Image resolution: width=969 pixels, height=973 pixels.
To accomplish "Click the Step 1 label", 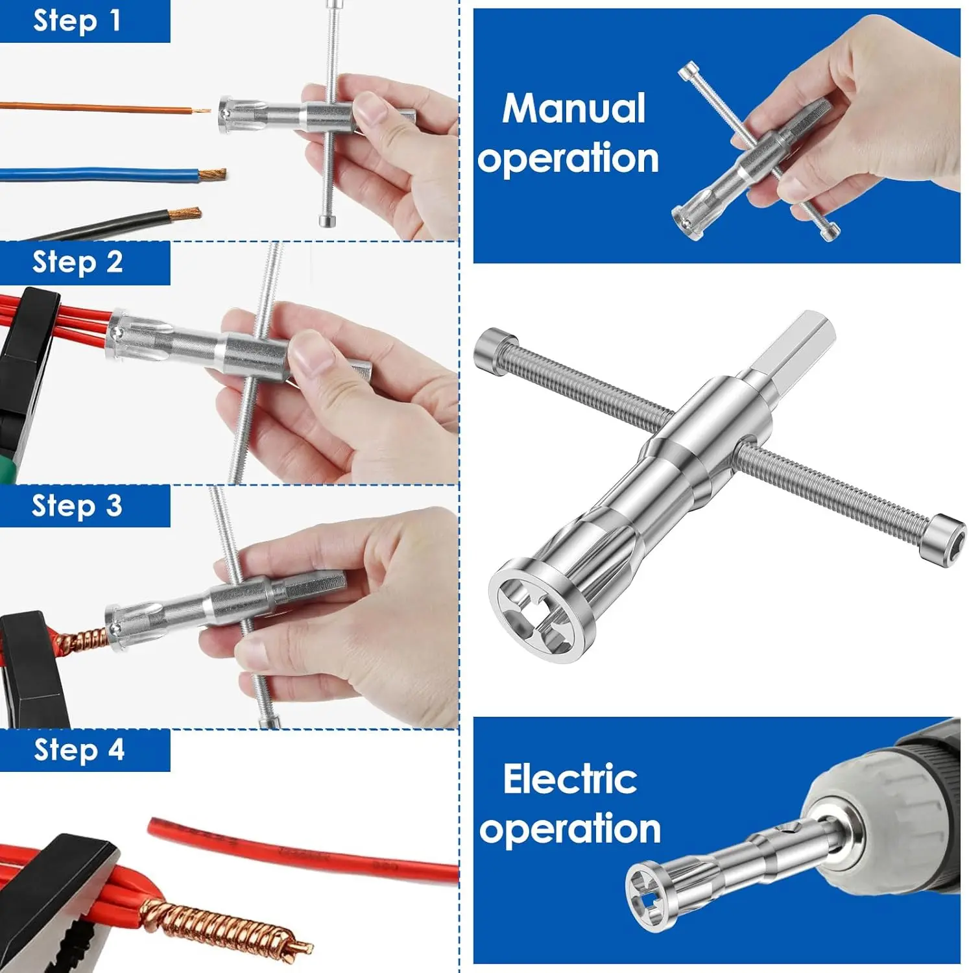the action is click(77, 21).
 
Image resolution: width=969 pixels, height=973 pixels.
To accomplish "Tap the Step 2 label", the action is click(77, 262).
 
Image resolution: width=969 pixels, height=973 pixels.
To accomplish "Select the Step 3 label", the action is click(77, 505).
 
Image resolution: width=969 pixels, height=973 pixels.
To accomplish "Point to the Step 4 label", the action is click(78, 750).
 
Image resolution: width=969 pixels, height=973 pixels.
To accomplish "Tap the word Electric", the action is click(570, 779).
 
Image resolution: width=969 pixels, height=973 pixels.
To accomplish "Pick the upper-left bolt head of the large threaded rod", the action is click(496, 346).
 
